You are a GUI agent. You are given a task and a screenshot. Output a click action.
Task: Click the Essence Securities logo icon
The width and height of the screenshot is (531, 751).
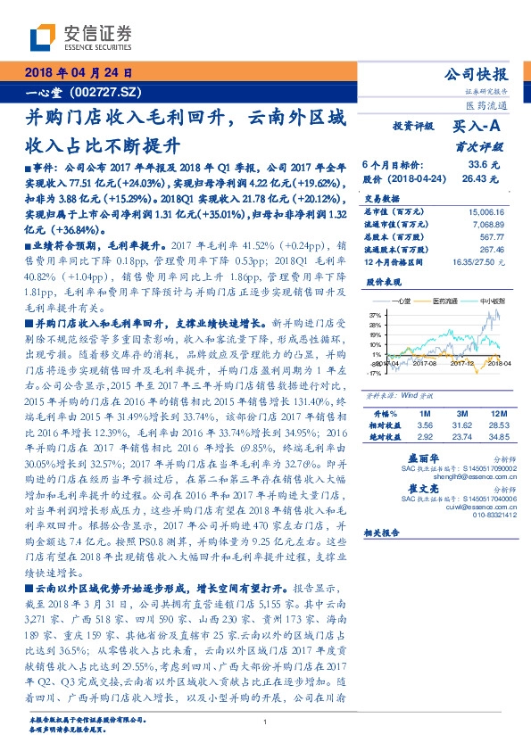[40, 38]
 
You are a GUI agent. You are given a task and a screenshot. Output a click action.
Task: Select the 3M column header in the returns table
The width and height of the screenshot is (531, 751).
[461, 415]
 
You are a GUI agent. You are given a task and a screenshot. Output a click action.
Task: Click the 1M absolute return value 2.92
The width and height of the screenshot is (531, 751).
[425, 438]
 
